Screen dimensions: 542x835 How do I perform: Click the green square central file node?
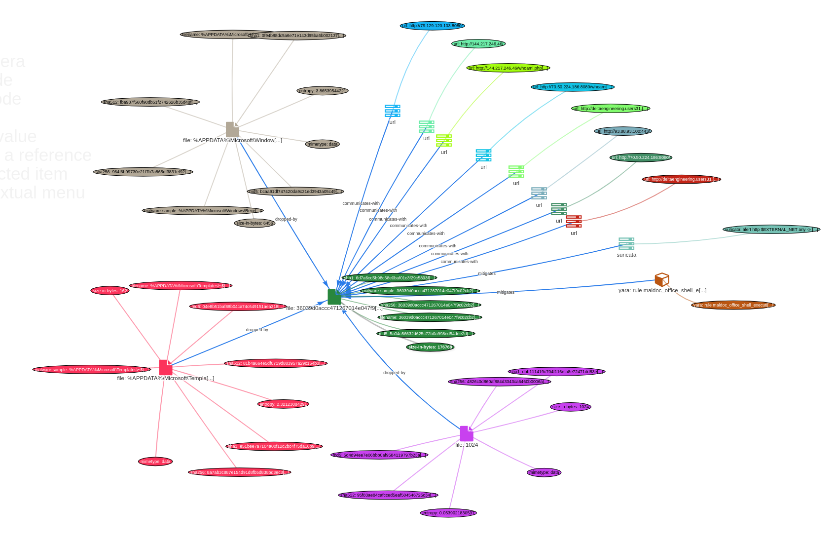point(334,297)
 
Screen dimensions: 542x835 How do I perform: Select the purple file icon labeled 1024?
point(467,433)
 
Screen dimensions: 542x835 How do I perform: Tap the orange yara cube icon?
point(662,279)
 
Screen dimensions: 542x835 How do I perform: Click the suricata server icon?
point(626,243)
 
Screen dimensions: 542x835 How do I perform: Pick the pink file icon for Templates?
point(166,367)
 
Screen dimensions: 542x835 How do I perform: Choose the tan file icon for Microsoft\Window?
point(232,129)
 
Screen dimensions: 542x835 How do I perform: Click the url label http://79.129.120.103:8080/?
point(432,26)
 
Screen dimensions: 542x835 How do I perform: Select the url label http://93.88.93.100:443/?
point(623,131)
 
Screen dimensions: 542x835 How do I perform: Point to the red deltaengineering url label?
point(681,179)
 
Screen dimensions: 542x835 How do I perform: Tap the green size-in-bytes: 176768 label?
point(430,347)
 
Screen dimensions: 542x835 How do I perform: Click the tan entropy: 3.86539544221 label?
point(323,91)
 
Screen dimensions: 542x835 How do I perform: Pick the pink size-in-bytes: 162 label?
point(110,291)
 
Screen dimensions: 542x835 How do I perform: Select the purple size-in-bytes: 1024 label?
point(570,407)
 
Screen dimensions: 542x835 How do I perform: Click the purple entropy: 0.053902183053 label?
point(448,513)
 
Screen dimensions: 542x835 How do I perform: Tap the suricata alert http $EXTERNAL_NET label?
point(771,230)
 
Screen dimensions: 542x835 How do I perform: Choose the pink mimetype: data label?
point(155,462)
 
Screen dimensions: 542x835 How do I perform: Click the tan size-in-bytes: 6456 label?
point(254,223)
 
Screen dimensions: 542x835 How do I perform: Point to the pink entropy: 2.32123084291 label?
point(283,404)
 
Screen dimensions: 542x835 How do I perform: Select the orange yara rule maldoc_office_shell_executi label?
point(733,305)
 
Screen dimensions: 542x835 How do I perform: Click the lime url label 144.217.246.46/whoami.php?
point(508,68)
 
